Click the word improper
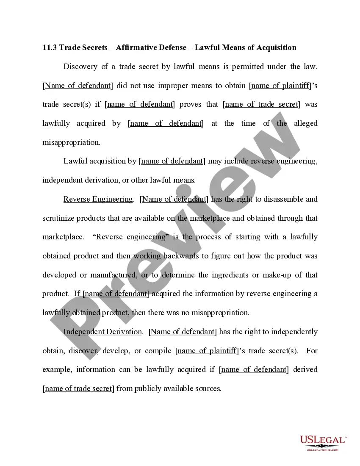[173, 86]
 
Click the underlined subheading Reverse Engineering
[98, 199]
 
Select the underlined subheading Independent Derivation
[102, 332]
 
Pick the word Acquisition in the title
[276, 47]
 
